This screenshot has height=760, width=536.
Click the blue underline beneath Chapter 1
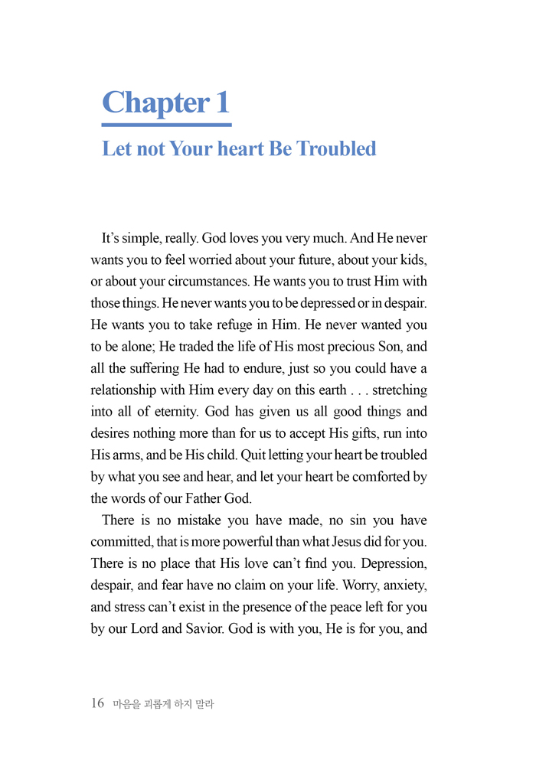166,124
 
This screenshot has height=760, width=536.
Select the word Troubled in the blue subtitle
337,148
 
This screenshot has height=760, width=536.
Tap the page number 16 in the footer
97,703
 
